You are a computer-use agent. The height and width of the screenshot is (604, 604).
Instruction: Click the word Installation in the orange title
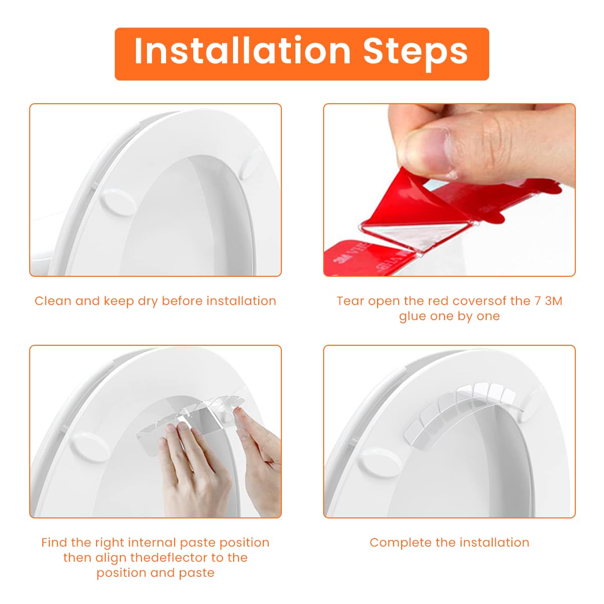(x=242, y=50)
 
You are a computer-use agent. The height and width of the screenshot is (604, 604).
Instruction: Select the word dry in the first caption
(x=147, y=302)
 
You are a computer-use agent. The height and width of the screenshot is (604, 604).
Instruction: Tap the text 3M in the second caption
(x=554, y=301)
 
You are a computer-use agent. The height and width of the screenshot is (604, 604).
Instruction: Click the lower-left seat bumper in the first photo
(x=117, y=203)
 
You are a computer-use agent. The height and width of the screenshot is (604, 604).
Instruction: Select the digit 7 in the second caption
(x=538, y=301)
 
